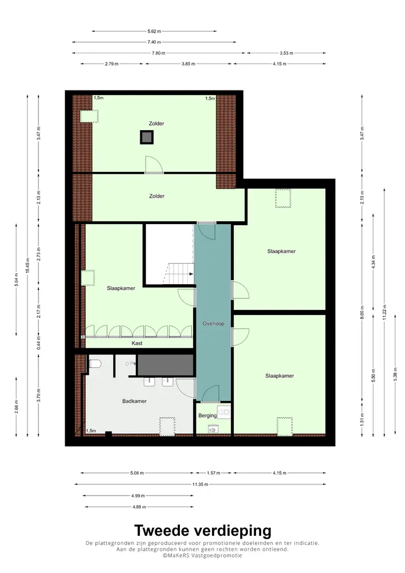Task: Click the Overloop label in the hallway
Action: coord(213,324)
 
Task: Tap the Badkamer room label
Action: coord(135,401)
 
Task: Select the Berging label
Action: coord(207,415)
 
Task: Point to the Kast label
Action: coord(137,343)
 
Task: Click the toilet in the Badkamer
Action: coord(96,363)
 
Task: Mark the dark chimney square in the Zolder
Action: coord(147,137)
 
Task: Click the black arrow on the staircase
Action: coord(190,273)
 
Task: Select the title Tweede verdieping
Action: coord(202,530)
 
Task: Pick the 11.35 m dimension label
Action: coord(200,484)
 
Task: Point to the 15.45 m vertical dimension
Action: coord(27,266)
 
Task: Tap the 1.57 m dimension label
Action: coord(213,473)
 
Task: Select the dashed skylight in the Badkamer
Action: coord(167,425)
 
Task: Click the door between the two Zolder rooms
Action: coord(154,165)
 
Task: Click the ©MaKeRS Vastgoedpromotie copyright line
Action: coord(202,555)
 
